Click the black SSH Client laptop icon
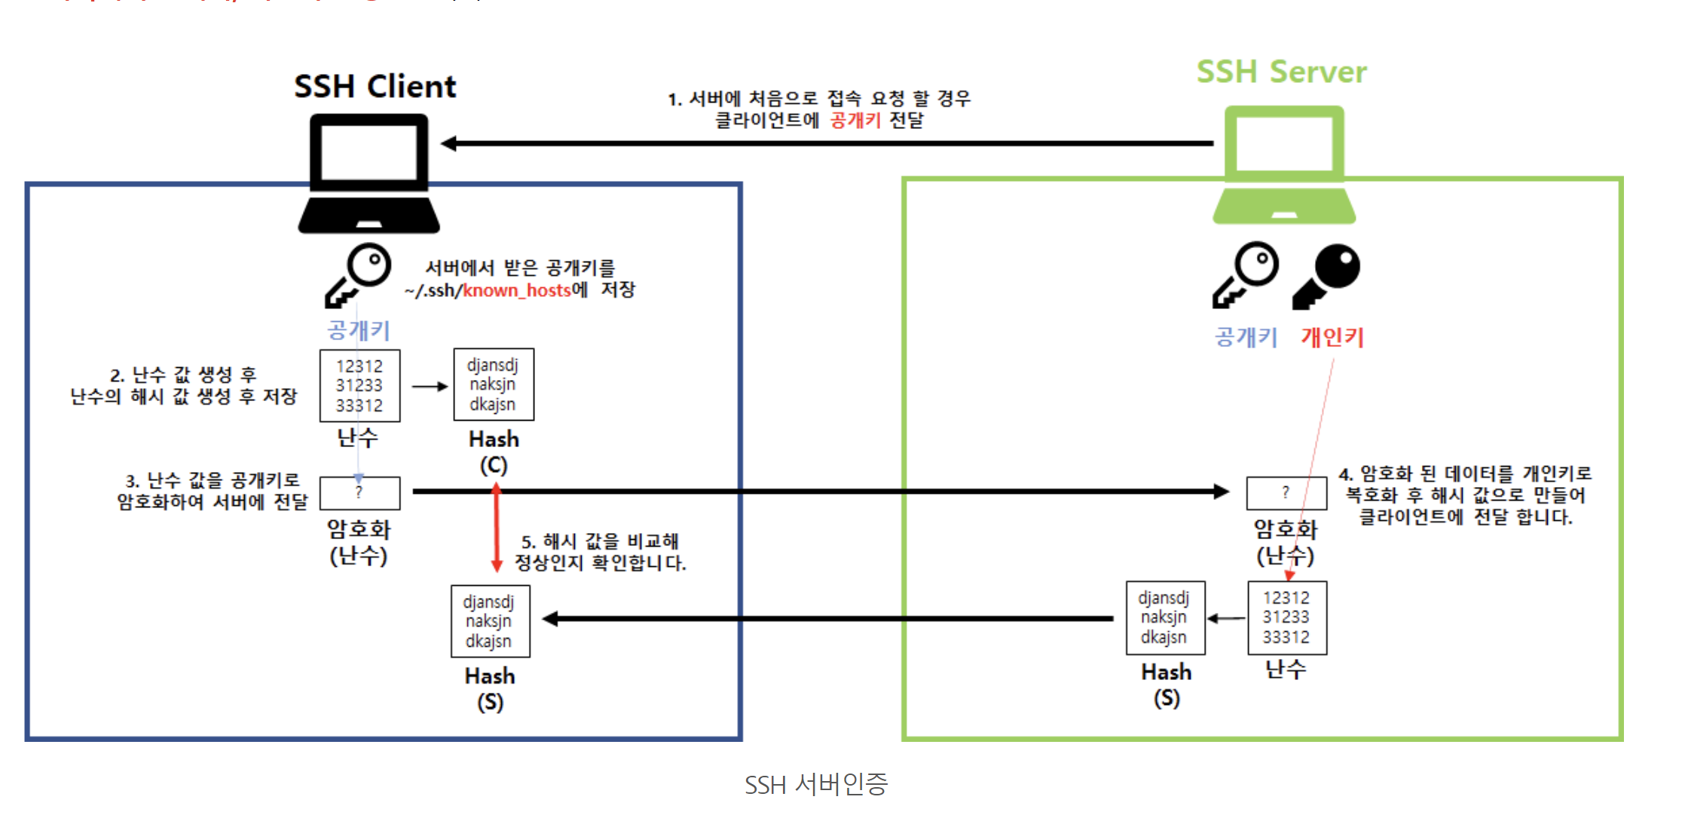(x=369, y=173)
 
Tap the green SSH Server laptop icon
(x=1284, y=166)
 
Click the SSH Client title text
(x=375, y=87)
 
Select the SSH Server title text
(x=1281, y=72)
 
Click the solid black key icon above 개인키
(x=1327, y=275)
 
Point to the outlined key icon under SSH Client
(x=359, y=274)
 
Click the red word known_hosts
(x=517, y=290)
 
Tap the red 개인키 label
(x=1332, y=337)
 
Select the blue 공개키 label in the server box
(x=1246, y=337)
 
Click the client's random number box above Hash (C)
(x=359, y=385)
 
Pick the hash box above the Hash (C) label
(x=494, y=385)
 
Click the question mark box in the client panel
(x=359, y=493)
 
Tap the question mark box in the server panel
(x=1286, y=493)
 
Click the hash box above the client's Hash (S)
(x=490, y=621)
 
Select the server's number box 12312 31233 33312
(x=1286, y=617)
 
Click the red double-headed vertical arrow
(x=496, y=527)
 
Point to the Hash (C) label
(x=494, y=452)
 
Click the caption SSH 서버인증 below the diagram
(x=816, y=785)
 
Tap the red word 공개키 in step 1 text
(x=855, y=121)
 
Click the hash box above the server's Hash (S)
(x=1164, y=617)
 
